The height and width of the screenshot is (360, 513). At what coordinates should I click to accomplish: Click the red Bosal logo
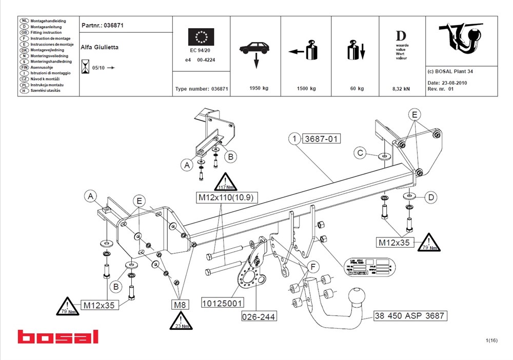click(x=57, y=337)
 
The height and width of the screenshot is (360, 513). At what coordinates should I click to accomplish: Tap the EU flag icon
click(x=201, y=37)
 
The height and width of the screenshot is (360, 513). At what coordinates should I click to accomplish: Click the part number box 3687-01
click(x=322, y=139)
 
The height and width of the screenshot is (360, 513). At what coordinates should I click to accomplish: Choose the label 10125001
click(x=222, y=303)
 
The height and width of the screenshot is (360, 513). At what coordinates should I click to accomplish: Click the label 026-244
click(x=259, y=316)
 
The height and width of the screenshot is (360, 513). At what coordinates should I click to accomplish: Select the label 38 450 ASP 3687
click(x=409, y=315)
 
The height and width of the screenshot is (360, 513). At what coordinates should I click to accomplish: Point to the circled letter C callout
click(x=361, y=153)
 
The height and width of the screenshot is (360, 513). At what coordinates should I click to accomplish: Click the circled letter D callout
click(x=431, y=196)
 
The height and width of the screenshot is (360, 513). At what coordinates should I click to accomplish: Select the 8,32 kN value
click(x=401, y=89)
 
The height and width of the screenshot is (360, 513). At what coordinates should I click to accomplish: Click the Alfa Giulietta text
click(x=100, y=47)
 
